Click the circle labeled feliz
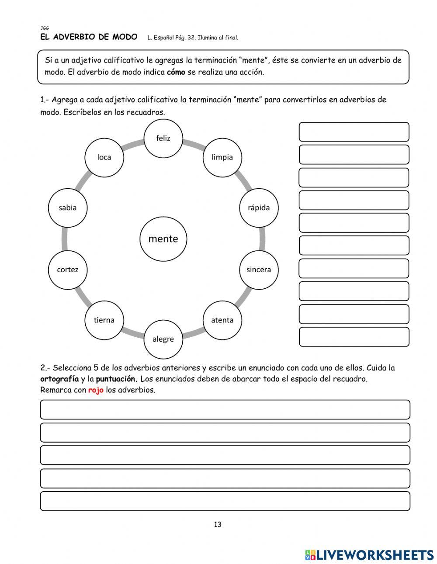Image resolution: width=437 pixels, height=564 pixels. point(163,138)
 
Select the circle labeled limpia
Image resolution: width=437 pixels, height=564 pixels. point(222,157)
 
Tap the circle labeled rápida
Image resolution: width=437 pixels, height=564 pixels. point(259,208)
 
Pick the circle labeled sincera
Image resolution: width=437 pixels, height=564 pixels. point(259,270)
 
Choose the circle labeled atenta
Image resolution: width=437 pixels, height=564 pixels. point(222,320)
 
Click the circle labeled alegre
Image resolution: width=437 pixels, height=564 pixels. point(163,339)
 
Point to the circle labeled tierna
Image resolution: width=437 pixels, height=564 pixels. point(104,320)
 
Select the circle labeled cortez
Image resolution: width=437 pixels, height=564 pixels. point(68,270)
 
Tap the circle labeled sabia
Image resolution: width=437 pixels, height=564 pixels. point(68,208)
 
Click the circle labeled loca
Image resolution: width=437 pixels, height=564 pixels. point(104,157)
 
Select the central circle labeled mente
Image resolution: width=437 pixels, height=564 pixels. point(163,239)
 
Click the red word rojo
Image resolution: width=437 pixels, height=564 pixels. point(96,390)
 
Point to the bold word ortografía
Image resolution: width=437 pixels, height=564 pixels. point(59,379)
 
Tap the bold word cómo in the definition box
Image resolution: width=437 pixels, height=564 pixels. point(176,72)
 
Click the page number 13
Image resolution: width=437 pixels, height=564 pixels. point(218,525)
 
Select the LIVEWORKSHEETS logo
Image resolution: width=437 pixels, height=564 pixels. point(369,555)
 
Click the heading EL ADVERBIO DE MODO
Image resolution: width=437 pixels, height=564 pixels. point(89,37)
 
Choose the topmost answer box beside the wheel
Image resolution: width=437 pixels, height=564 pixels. point(354,132)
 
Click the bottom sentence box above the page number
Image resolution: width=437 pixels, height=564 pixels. point(225,501)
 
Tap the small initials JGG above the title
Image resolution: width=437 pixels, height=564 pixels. point(44,28)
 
